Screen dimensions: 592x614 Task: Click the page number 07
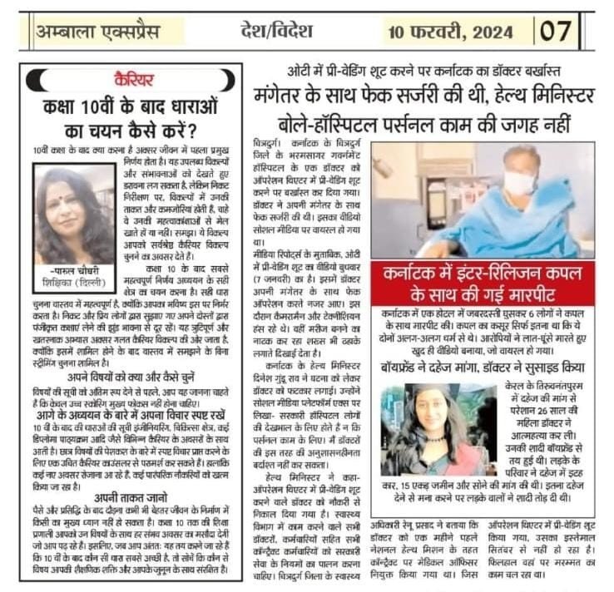click(x=556, y=32)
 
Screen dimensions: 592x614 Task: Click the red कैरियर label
click(x=134, y=80)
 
